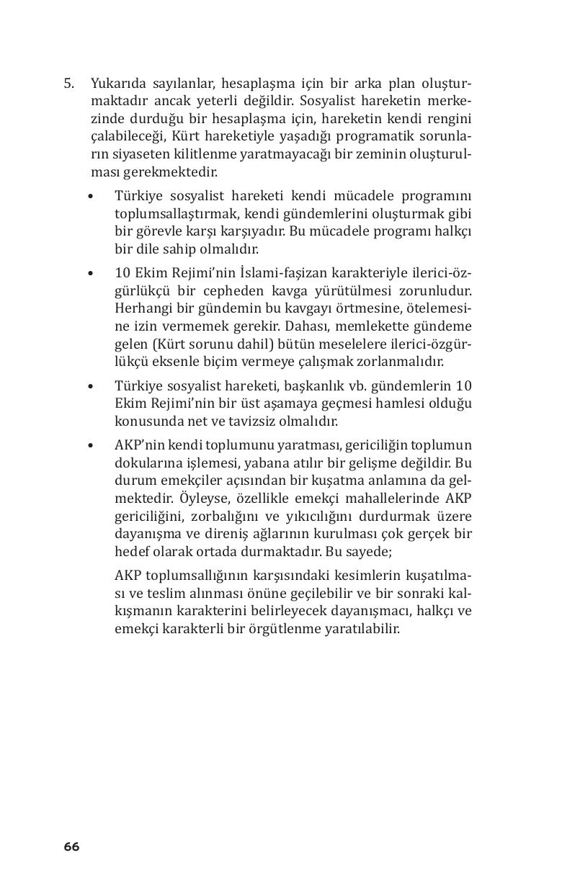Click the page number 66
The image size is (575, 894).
[x=71, y=846]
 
